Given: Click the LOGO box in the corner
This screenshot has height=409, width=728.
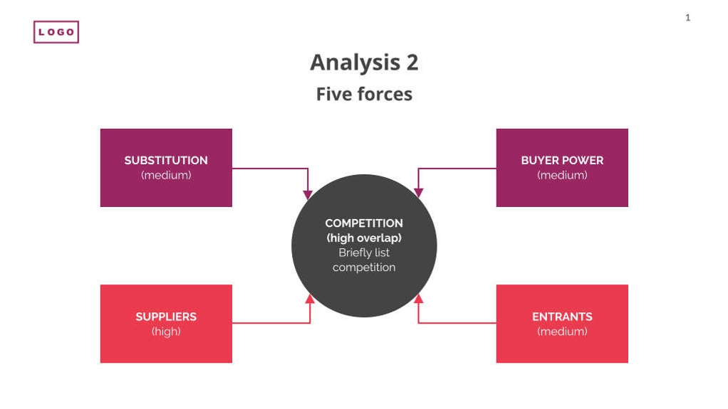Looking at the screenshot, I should pyautogui.click(x=56, y=32).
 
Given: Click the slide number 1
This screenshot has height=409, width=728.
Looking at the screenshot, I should pyautogui.click(x=687, y=18).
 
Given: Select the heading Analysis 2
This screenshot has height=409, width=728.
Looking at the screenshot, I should pyautogui.click(x=364, y=63).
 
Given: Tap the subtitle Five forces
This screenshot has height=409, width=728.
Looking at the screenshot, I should pyautogui.click(x=364, y=94).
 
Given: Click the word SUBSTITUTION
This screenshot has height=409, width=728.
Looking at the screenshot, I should pyautogui.click(x=166, y=160).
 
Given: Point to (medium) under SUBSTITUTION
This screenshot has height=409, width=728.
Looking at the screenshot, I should pyautogui.click(x=166, y=175).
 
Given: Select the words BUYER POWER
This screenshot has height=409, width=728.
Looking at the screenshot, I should pyautogui.click(x=562, y=160).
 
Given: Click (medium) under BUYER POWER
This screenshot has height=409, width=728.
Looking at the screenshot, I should pyautogui.click(x=562, y=175).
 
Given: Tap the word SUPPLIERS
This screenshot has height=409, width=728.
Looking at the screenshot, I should pyautogui.click(x=166, y=317).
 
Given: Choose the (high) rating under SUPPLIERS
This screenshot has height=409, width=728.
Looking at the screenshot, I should pyautogui.click(x=166, y=331).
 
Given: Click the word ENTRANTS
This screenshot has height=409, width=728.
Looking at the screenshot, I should pyautogui.click(x=562, y=317).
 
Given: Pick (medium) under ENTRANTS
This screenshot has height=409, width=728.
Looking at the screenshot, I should pyautogui.click(x=562, y=331).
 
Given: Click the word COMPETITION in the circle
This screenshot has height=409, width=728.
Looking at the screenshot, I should pyautogui.click(x=364, y=223).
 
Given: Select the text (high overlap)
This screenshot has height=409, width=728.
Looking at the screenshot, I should pyautogui.click(x=364, y=238).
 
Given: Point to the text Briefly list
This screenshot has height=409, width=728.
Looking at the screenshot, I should pyautogui.click(x=364, y=253).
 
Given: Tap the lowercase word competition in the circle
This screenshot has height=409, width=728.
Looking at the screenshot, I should pyautogui.click(x=364, y=267).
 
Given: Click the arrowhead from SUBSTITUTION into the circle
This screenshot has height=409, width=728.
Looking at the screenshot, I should pyautogui.click(x=308, y=194).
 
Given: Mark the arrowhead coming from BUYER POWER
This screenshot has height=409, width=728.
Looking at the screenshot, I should pyautogui.click(x=419, y=193).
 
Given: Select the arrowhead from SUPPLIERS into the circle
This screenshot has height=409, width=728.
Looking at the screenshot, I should pyautogui.click(x=310, y=299).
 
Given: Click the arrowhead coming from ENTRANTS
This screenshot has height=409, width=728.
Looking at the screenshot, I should pyautogui.click(x=419, y=299).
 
